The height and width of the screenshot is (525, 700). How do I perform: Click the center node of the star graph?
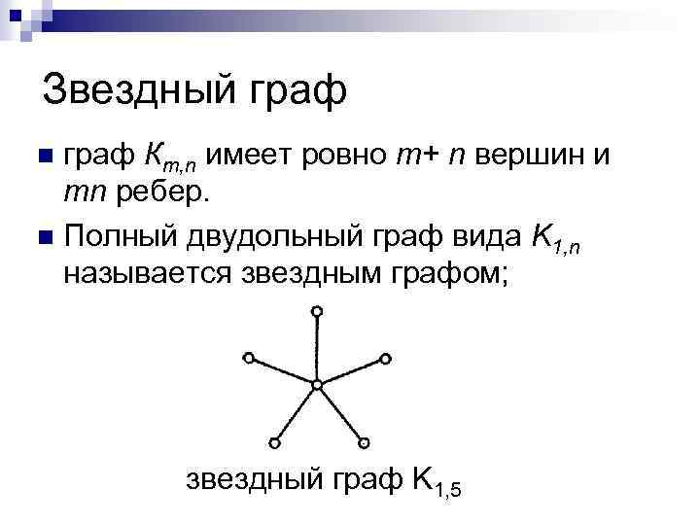point(317,385)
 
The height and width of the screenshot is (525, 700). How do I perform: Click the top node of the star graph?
point(317,311)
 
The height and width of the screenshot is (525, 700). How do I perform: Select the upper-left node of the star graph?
point(249,358)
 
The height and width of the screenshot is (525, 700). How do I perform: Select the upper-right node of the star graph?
point(386,358)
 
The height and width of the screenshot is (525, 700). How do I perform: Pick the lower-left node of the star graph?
point(274,443)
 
